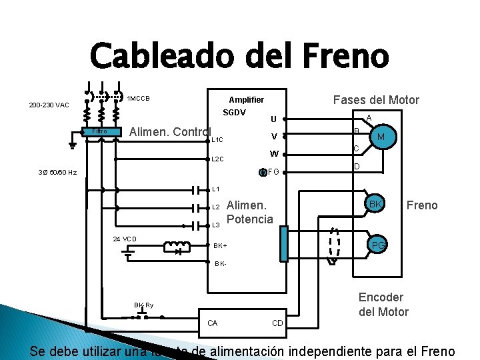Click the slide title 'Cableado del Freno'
coord(239,55)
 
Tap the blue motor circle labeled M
coord(381,137)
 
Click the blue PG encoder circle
coord(378,246)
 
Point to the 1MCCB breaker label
coord(138,99)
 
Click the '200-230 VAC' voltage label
coord(49,105)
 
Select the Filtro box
coord(100,131)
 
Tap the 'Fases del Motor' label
coord(376,100)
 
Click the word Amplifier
coord(246,99)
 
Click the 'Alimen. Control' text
coord(170,132)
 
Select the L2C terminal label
coord(217,160)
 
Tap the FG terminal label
coord(273,172)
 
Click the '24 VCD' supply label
coord(125,239)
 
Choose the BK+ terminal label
coord(220,245)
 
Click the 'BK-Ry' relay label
coord(143,305)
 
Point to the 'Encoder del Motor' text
coord(383,304)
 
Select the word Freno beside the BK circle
coord(422,205)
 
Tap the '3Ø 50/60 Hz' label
coord(57,172)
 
